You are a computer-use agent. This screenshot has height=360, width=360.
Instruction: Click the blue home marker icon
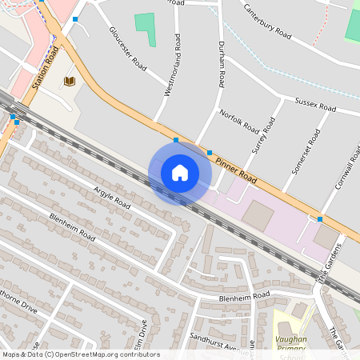[x=180, y=173]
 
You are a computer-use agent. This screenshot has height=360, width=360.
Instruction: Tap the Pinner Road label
[x=237, y=166]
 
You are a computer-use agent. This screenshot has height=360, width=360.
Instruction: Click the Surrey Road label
[x=263, y=135]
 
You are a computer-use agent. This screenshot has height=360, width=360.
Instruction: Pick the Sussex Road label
[x=313, y=103]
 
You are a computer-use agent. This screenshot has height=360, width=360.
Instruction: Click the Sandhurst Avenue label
[x=222, y=343]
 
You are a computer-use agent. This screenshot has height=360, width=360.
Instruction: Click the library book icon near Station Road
[x=69, y=81]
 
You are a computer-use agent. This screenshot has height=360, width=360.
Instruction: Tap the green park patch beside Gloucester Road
[x=145, y=28]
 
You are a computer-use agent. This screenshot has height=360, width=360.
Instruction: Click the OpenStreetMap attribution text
[x=81, y=354]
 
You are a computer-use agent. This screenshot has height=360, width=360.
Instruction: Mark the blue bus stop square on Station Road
[x=75, y=18]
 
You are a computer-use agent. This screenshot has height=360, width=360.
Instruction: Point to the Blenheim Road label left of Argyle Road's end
[x=72, y=228]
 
